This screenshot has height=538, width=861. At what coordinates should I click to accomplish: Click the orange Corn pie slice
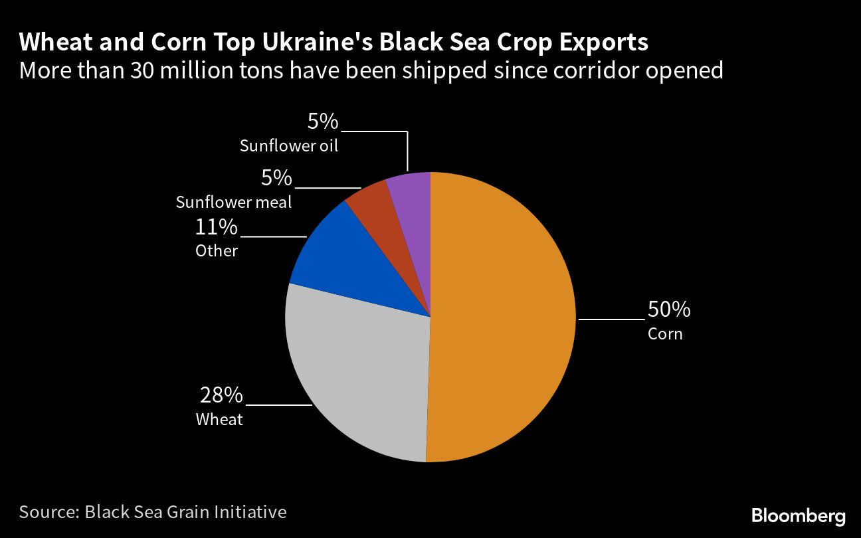505,319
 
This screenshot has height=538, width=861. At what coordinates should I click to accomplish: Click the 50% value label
669,310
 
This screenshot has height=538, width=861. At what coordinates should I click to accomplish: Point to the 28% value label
221,395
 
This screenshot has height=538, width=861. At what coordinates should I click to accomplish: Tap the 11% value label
216,228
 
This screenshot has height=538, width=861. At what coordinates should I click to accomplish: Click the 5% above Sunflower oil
323,122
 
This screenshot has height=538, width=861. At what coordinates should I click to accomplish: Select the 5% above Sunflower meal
276,178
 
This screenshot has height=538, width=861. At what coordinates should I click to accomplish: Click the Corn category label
665,333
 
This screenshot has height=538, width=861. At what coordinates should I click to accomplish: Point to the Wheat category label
219,420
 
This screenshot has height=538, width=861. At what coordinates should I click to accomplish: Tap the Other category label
217,251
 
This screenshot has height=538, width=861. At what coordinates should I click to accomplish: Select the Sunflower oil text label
289,146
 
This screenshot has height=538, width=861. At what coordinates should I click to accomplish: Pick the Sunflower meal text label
234,203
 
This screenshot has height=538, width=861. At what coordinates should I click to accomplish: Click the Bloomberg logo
798,515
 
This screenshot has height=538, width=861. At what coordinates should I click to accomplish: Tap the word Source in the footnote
47,512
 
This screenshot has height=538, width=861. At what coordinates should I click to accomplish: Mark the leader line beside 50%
611,319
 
